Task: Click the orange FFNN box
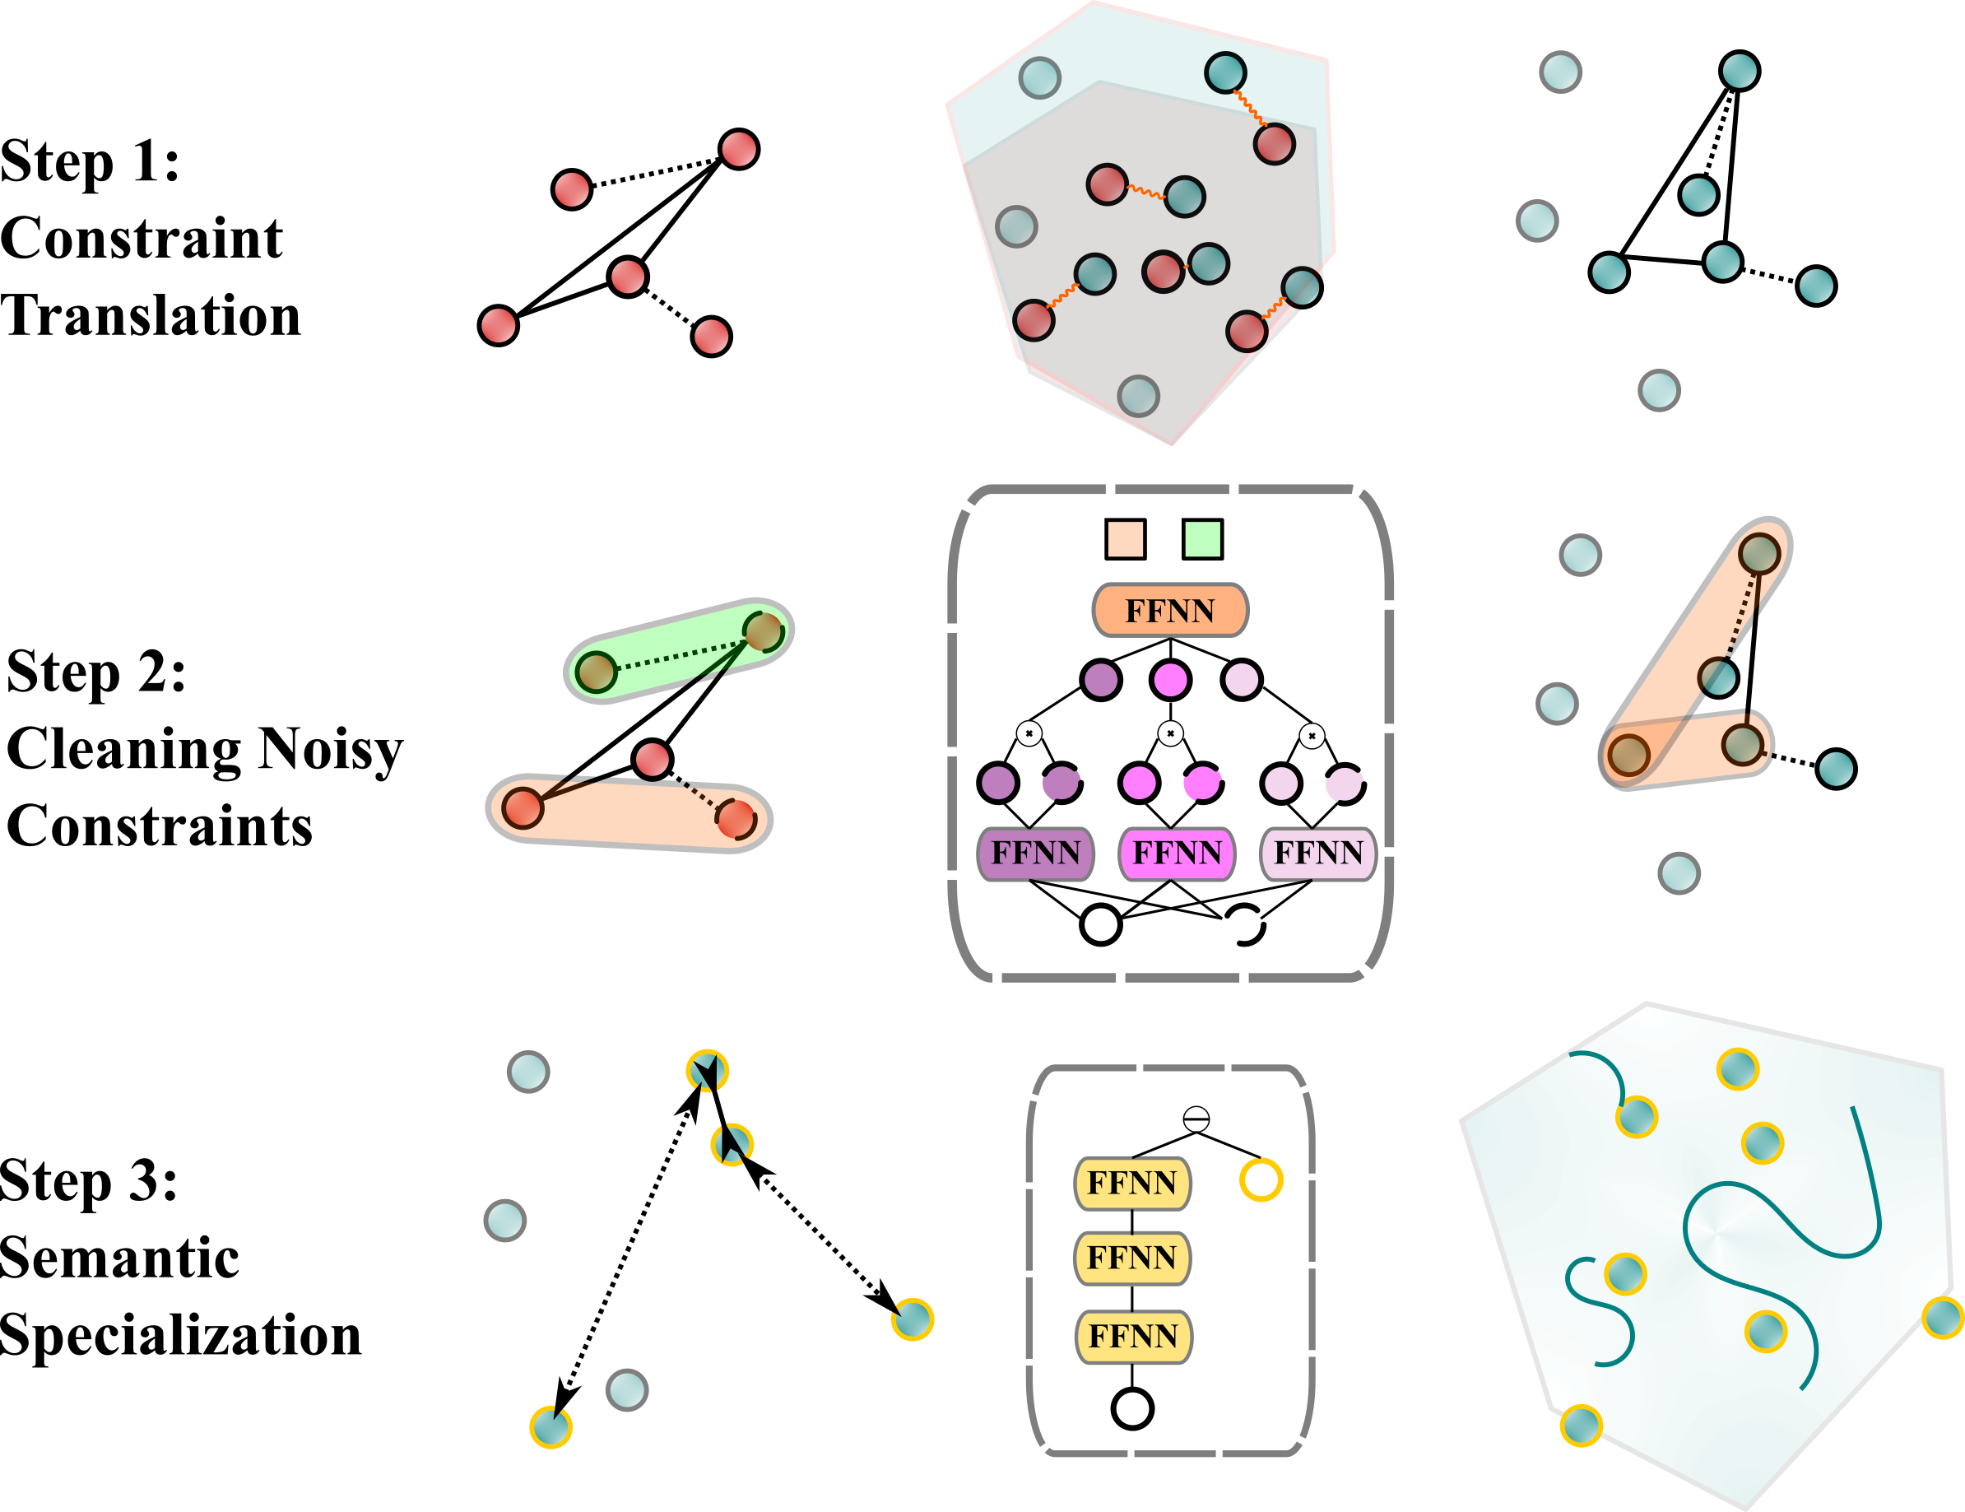[x=1169, y=610]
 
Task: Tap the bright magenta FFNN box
[x=1177, y=852]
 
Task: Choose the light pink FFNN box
[x=1318, y=852]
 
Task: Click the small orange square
[x=1125, y=539]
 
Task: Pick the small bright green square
[x=1202, y=539]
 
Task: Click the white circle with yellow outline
[x=1261, y=1180]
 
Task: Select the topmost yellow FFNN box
[x=1132, y=1183]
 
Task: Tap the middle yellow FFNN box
[x=1132, y=1258]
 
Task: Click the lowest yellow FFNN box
[x=1133, y=1337]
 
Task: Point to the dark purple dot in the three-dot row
[x=1100, y=680]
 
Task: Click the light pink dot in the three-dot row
[x=1241, y=680]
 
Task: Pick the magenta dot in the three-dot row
[x=1169, y=680]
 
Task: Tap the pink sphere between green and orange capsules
[x=652, y=759]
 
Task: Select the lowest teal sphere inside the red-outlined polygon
[x=1138, y=396]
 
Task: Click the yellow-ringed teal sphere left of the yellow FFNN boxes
[x=913, y=1319]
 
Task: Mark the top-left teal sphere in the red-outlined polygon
[x=1039, y=77]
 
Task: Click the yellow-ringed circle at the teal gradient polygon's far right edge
[x=1942, y=1318]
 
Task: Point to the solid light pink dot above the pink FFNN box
[x=1280, y=783]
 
